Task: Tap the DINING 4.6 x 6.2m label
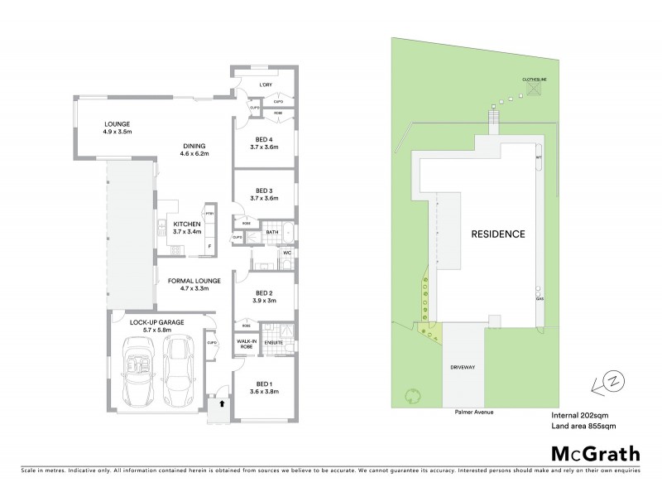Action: [194, 150]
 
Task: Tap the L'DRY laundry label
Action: [266, 85]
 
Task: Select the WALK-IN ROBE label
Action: [247, 344]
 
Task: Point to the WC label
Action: [285, 253]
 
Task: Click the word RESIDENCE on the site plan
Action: [498, 234]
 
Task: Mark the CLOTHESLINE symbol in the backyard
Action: [534, 88]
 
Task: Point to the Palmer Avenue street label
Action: [473, 410]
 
